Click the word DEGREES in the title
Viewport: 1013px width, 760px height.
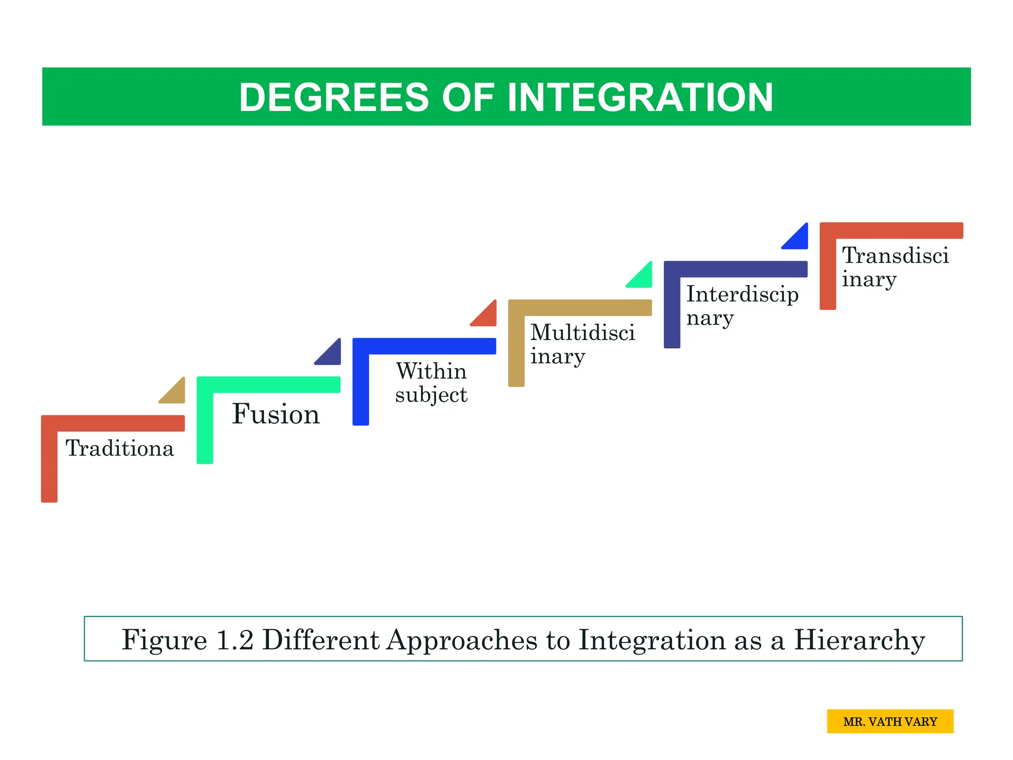334,97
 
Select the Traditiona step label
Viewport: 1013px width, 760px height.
120,448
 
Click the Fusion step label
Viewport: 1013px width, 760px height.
276,414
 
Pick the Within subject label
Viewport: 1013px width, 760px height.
431,383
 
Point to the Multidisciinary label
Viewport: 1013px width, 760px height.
582,344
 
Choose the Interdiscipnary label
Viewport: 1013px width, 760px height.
742,306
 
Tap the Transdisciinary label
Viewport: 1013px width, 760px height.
895,267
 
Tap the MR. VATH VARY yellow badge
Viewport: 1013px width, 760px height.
890,721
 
